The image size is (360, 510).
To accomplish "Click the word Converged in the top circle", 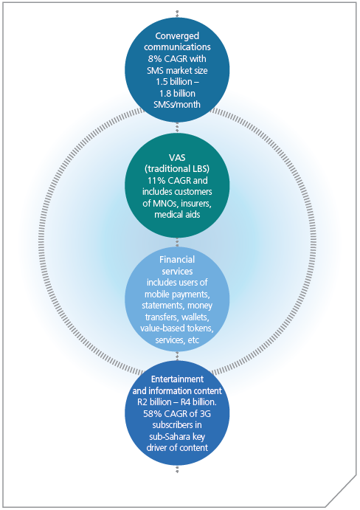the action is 177,36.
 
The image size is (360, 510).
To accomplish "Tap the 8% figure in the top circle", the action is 154,59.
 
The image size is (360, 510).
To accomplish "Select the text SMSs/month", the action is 177,105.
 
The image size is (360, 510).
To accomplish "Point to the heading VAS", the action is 177,158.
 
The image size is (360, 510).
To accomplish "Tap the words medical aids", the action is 177,215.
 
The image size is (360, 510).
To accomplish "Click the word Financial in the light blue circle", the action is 177,260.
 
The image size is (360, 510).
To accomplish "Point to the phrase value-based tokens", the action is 177,328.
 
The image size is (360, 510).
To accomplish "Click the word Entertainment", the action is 177,379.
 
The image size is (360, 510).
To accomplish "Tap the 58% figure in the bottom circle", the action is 150,414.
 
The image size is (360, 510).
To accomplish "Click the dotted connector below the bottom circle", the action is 177,469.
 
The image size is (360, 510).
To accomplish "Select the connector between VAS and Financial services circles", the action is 177,242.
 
